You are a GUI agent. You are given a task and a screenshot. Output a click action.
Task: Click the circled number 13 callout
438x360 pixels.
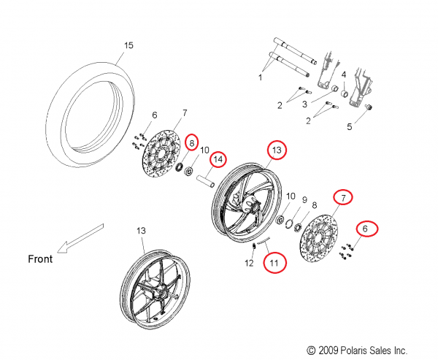tap(277, 150)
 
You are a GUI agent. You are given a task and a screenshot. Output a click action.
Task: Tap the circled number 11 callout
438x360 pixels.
tap(274, 261)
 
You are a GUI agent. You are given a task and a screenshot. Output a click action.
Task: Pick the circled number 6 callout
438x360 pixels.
tap(367, 229)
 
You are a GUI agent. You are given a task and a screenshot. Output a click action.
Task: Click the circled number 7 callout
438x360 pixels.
tap(342, 196)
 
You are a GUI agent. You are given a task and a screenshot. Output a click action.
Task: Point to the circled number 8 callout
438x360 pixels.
tap(192, 142)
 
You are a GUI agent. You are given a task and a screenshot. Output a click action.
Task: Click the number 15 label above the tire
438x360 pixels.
tap(128, 46)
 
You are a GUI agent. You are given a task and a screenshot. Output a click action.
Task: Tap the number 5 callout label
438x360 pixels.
tap(369, 126)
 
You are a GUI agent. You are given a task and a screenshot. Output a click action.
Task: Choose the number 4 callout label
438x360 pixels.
tap(343, 75)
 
